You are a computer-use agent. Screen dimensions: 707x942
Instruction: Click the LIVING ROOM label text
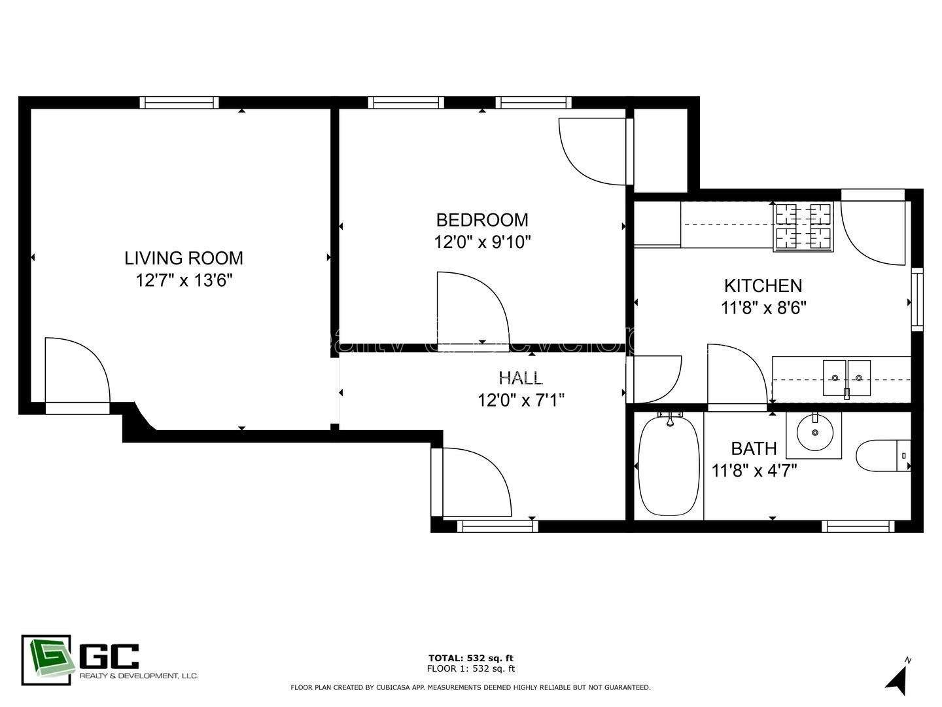[x=184, y=258]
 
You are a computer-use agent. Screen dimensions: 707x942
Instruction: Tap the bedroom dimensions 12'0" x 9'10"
[x=482, y=242]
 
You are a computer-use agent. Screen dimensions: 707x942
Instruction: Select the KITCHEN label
[x=763, y=285]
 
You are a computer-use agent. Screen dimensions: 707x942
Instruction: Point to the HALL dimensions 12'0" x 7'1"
[x=521, y=400]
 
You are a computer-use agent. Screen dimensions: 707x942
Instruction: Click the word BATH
[x=754, y=448]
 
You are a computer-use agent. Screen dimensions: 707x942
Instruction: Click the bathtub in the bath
[x=668, y=465]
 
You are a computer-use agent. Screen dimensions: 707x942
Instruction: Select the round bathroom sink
[x=814, y=433]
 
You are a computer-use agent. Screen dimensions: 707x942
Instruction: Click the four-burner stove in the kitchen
[x=803, y=227]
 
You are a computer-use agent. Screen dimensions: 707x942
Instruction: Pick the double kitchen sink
[x=846, y=378]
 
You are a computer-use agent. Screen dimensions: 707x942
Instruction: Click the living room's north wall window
[x=179, y=102]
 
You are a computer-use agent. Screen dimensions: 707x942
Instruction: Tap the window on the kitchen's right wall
[x=917, y=299]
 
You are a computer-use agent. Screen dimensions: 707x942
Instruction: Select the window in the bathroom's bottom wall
[x=858, y=526]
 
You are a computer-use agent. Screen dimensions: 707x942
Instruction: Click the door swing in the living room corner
[x=74, y=374]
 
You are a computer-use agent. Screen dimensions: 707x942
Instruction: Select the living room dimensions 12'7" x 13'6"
[x=184, y=281]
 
